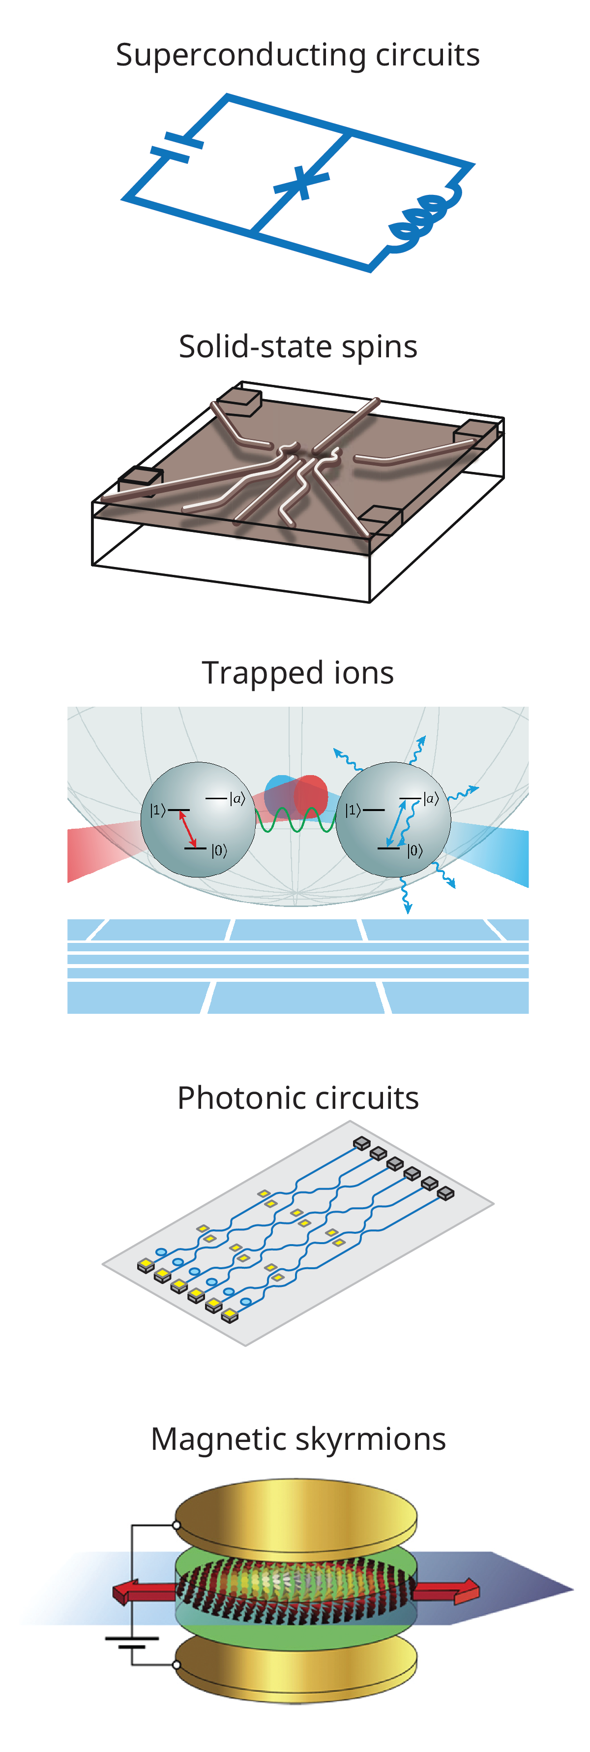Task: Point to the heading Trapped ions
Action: click(298, 673)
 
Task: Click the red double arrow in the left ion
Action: click(188, 828)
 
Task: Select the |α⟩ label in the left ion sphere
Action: click(236, 798)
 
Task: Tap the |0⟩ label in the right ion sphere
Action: click(414, 850)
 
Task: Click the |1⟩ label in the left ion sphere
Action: click(157, 810)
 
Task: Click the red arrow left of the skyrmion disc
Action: click(144, 1592)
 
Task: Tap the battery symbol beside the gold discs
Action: click(132, 1643)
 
